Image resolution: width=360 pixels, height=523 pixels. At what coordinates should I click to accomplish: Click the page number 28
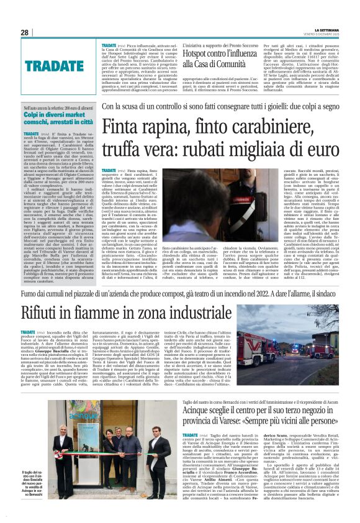[x=24, y=32]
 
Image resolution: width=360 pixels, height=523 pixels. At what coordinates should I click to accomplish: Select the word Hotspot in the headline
[x=187, y=55]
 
